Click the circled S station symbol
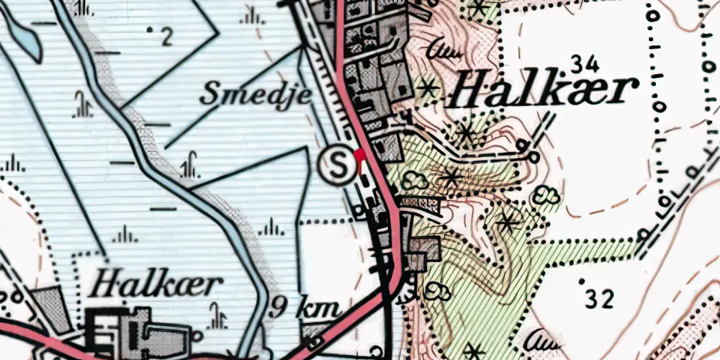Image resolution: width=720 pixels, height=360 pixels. pos(337,165)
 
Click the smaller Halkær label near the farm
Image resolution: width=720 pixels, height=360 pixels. pos(153,284)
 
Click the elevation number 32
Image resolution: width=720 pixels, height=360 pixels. pos(599,300)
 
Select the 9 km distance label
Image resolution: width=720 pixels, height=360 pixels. pos(305,310)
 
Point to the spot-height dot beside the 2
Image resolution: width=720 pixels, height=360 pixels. pos(150,30)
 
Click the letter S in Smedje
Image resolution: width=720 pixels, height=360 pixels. pos(211,93)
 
